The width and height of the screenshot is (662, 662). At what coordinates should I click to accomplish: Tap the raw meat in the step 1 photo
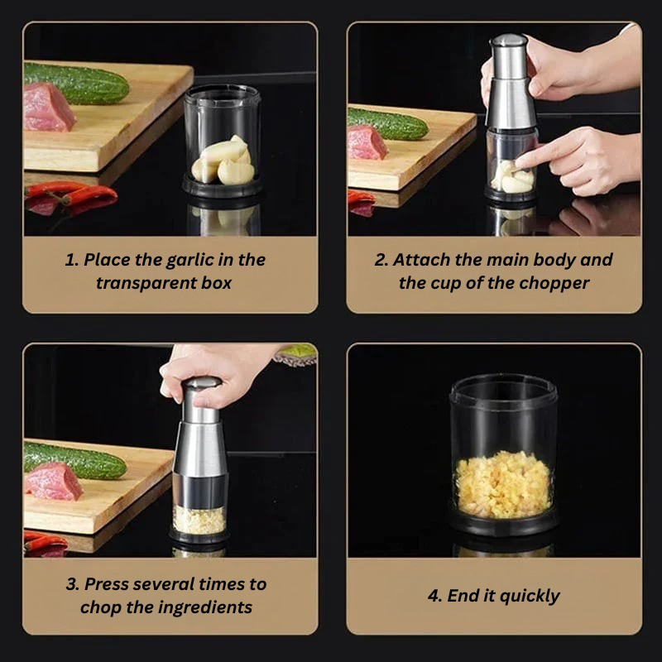click(x=48, y=108)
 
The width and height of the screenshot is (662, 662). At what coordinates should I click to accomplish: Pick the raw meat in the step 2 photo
click(x=367, y=142)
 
